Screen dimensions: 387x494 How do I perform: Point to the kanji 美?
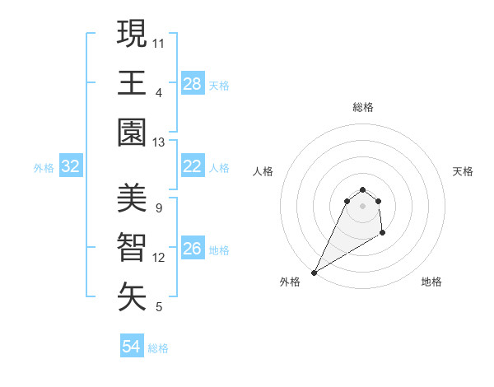(x=132, y=198)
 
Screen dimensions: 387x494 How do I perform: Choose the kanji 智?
(x=132, y=248)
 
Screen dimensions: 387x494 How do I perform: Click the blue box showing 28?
(x=192, y=83)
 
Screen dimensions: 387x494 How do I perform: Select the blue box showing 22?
(x=192, y=166)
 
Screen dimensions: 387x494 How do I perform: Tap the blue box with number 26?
(x=192, y=249)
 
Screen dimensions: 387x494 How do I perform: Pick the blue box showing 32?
(x=71, y=167)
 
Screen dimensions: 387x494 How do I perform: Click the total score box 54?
(x=131, y=347)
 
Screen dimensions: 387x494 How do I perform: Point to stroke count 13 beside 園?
(x=159, y=142)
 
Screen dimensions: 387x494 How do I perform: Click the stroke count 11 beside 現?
(x=159, y=42)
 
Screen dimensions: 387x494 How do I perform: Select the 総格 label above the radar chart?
(x=362, y=107)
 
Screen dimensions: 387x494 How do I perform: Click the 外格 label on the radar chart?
(x=290, y=282)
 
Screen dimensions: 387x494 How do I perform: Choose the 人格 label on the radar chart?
(x=263, y=171)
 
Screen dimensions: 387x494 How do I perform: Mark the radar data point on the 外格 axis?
(x=315, y=272)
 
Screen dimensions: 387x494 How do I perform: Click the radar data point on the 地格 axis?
(x=383, y=234)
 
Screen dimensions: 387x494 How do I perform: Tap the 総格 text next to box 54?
(x=158, y=348)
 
